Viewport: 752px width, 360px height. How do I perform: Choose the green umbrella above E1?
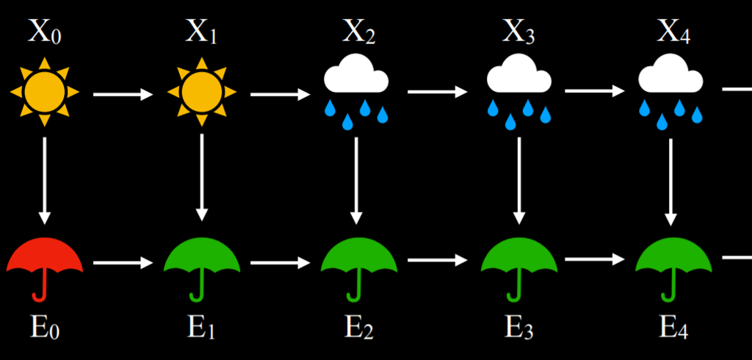201,257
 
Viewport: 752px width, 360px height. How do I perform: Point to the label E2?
358,327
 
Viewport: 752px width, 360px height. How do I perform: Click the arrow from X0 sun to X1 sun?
123,94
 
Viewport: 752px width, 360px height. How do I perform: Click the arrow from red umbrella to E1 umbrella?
123,262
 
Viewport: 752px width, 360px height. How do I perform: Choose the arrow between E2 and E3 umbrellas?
437,260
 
